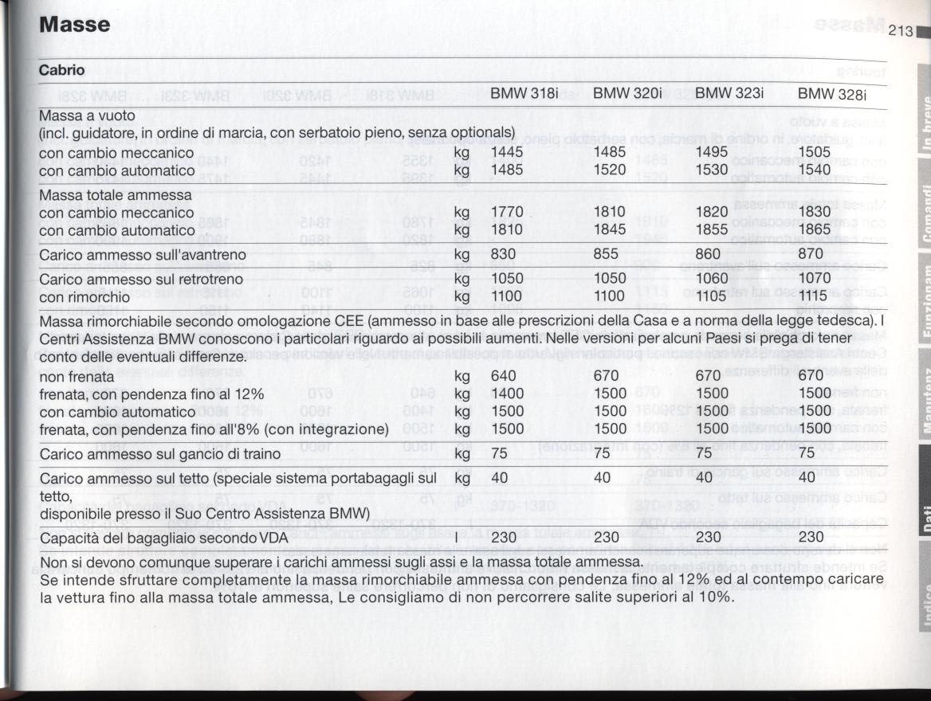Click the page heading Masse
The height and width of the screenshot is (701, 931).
point(75,25)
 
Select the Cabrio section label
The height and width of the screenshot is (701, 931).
point(62,70)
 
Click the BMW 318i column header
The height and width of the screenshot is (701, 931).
point(524,93)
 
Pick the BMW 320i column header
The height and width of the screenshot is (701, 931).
point(627,93)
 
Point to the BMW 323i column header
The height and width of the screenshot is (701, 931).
point(729,93)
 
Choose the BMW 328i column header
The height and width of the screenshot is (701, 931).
point(831,94)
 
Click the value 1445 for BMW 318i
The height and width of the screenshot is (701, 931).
point(507,152)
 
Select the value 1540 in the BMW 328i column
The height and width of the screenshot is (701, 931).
point(814,170)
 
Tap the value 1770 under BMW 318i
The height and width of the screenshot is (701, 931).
point(507,213)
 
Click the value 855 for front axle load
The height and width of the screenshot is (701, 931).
point(606,255)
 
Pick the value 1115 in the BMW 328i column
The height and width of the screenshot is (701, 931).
point(814,296)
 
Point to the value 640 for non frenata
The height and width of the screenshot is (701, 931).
point(504,375)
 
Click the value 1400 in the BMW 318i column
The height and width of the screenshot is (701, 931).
point(507,394)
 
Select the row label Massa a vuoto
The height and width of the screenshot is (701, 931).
point(88,116)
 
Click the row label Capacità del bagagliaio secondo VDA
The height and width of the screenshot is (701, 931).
point(163,538)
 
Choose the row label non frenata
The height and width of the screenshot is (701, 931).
point(77,376)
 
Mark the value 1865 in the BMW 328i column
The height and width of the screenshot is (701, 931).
point(814,229)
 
